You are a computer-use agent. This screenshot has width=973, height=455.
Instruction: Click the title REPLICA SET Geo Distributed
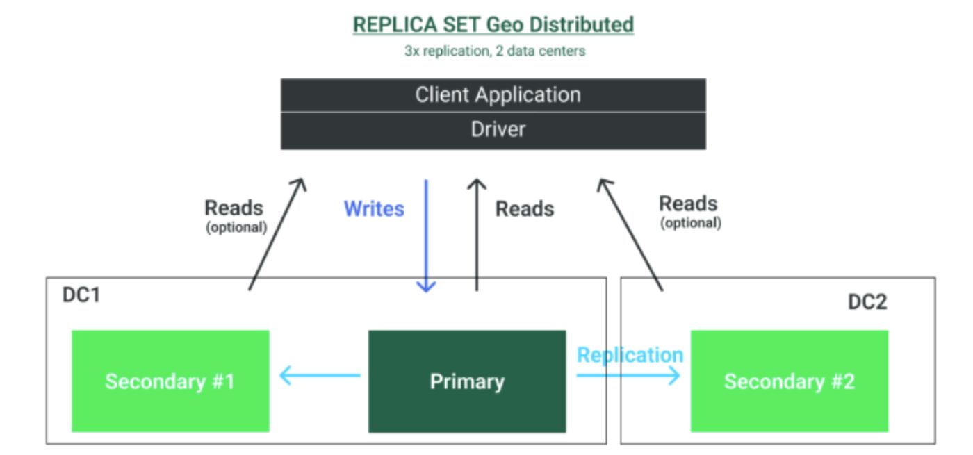493,24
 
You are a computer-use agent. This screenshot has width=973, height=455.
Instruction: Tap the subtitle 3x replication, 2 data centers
494,51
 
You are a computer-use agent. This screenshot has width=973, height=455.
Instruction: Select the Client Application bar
493,95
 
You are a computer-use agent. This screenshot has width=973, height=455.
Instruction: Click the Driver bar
493,130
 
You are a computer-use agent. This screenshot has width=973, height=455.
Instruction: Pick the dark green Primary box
466,381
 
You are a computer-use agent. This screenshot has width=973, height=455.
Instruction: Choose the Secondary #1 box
170,381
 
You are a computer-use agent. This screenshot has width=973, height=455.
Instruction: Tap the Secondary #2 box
789,381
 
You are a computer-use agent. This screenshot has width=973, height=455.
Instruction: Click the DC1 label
81,295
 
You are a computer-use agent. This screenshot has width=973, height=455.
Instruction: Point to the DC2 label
867,302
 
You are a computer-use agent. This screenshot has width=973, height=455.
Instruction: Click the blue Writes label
374,208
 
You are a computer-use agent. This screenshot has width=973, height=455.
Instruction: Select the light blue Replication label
630,355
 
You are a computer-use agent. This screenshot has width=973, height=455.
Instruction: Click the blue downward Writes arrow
426,236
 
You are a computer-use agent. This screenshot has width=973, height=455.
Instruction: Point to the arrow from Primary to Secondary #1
320,377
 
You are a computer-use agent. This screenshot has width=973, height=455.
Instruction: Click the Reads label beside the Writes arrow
525,208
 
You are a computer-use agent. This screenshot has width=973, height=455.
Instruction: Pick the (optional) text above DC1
236,227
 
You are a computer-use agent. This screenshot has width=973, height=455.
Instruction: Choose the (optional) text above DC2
690,223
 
